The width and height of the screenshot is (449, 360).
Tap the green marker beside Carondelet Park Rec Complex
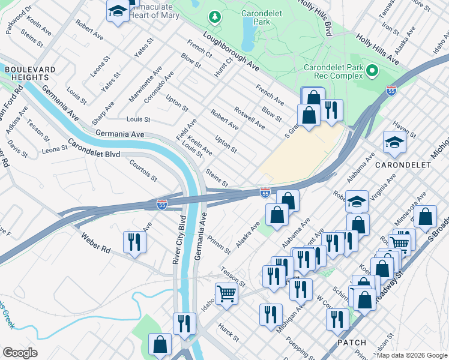point(372,71)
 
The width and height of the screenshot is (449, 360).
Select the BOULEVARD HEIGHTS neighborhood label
point(26,74)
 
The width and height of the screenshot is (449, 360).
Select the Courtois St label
point(144,170)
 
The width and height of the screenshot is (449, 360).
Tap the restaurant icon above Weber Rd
point(134,242)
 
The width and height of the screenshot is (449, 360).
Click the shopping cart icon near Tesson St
point(226,293)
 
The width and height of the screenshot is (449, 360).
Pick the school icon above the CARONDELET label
point(394,142)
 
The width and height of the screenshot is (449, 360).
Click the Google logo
point(20,353)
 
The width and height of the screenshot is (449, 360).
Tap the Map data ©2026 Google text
point(412,355)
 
